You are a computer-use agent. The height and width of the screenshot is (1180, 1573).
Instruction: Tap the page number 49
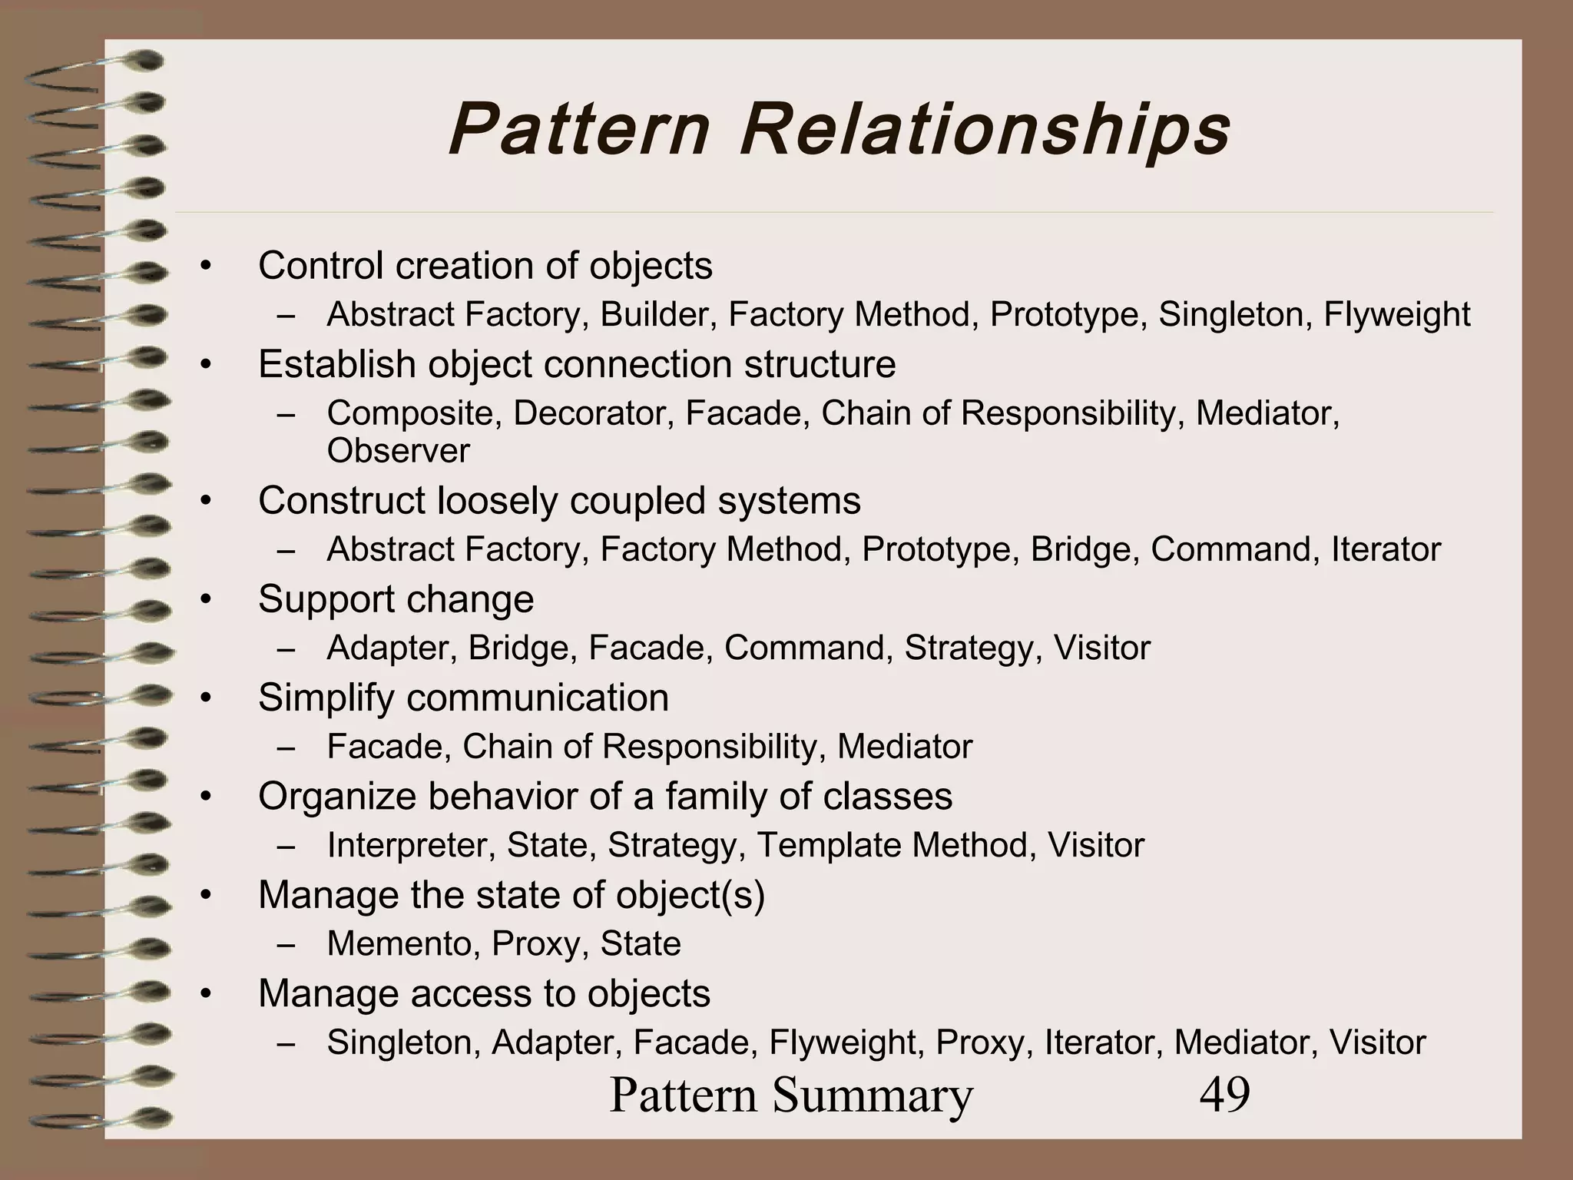[x=1224, y=1094]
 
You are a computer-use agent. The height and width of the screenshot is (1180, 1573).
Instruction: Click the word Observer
[x=398, y=450]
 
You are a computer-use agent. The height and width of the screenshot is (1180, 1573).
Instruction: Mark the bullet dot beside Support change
[x=204, y=600]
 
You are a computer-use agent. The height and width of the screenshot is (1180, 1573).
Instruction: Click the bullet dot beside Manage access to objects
[x=204, y=994]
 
